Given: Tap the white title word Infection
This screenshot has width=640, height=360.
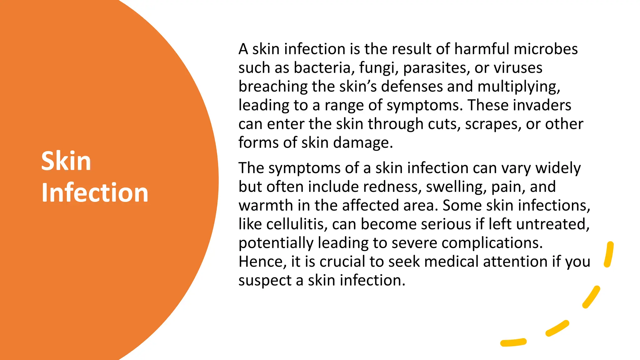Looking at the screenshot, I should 95,192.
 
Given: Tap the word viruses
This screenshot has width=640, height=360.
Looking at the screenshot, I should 519,68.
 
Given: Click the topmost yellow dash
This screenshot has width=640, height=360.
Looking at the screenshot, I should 609,254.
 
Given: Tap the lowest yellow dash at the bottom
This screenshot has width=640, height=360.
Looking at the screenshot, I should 513,342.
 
